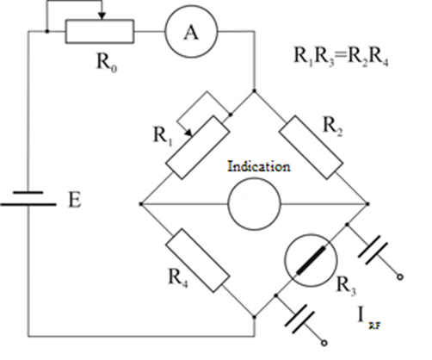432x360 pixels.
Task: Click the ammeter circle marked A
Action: point(191,32)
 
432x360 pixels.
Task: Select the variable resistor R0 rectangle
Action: point(100,32)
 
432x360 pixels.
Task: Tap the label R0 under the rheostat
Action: point(107,62)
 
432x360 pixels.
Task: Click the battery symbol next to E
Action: point(28,198)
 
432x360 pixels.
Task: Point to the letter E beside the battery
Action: point(75,200)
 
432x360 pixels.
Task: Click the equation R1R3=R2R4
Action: point(341,56)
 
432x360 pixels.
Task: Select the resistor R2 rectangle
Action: point(311,147)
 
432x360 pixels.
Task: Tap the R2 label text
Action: point(332,127)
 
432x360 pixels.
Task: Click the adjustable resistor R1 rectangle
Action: point(198,147)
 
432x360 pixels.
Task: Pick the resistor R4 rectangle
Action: point(198,261)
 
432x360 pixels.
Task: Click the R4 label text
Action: point(178,277)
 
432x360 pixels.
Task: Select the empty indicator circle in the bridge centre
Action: point(254,204)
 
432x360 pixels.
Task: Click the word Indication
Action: point(259,166)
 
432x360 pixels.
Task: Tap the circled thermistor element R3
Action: point(311,260)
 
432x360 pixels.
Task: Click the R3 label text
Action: point(346,286)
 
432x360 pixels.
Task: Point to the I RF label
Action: point(369,319)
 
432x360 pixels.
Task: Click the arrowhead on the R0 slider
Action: point(102,16)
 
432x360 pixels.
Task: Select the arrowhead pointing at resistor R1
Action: point(188,133)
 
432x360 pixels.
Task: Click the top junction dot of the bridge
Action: point(254,91)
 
